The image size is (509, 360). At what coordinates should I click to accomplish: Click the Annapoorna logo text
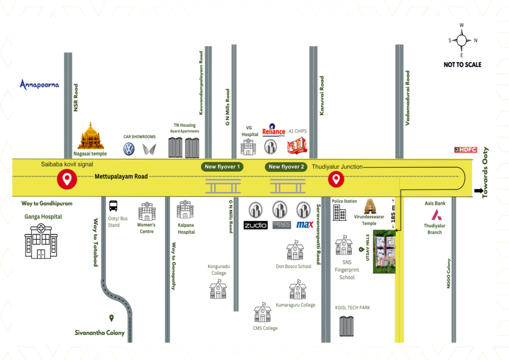(39, 84)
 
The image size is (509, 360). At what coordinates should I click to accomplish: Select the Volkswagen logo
(129, 149)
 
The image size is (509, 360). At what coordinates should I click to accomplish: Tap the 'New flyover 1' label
(222, 167)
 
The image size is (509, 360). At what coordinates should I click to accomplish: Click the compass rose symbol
(462, 40)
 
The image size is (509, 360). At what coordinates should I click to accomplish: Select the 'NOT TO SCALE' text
(462, 65)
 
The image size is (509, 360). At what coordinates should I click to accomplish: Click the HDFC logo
(466, 149)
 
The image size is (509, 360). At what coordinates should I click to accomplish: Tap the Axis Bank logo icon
(436, 215)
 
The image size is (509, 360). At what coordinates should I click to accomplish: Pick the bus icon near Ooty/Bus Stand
(113, 205)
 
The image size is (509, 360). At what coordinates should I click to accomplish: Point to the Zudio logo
(255, 225)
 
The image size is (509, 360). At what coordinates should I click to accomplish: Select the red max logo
(304, 225)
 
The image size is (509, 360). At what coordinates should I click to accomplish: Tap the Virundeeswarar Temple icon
(369, 206)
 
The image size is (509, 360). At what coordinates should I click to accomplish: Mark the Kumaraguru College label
(295, 305)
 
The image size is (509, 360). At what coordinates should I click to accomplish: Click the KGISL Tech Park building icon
(346, 326)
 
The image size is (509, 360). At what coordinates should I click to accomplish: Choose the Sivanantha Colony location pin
(112, 318)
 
